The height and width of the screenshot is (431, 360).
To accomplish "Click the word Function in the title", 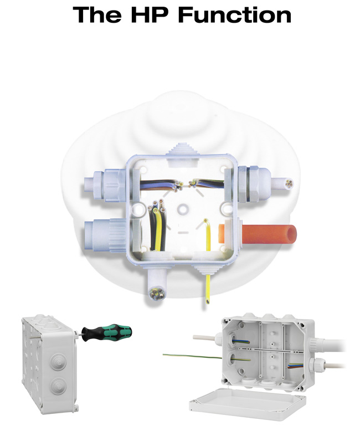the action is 235,15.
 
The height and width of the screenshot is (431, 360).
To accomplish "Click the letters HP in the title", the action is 150,15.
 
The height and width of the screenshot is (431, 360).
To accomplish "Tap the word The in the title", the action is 97,15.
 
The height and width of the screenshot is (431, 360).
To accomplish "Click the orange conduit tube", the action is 258,234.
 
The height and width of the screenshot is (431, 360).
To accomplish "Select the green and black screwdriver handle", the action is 107,332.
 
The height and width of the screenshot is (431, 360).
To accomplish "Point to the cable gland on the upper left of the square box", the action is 105,184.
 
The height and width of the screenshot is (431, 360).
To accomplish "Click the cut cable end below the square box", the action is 155,293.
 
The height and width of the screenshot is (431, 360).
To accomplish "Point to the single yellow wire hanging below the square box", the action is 208,289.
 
